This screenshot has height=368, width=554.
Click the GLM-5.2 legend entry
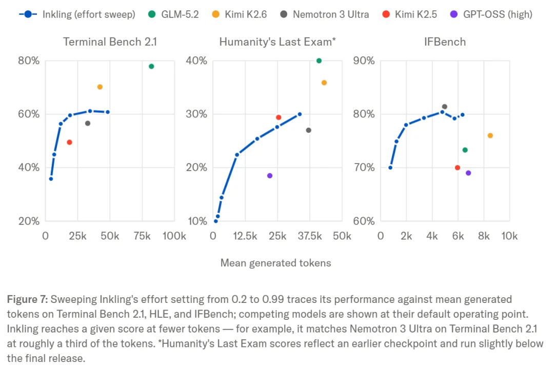pos(173,14)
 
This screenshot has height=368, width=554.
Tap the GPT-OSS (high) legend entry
pos(491,14)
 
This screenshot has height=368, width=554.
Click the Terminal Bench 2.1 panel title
pos(110,42)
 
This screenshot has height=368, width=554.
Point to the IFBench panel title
pos(445,42)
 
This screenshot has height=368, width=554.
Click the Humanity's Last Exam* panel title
pos(278,42)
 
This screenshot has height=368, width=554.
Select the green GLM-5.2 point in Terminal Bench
pos(151,67)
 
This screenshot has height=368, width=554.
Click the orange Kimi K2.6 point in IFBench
pos(490,136)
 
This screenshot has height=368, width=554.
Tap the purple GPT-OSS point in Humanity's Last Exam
pos(270,175)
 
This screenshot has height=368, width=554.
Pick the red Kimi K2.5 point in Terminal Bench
pos(69,142)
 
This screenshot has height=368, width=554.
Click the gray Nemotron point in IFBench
pos(444,107)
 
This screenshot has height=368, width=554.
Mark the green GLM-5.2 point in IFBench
pos(465,150)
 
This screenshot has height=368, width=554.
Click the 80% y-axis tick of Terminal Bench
pos(29,61)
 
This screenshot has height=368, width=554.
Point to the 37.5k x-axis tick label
pos(309,236)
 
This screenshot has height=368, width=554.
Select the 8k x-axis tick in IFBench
pos(484,236)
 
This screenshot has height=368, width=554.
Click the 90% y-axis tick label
pos(364,61)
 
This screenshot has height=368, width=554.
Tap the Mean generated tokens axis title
pos(275,263)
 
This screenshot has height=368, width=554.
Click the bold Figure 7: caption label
pos(27,299)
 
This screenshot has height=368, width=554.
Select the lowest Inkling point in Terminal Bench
pos(51,179)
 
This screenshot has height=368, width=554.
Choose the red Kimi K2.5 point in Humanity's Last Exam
pos(279,117)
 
